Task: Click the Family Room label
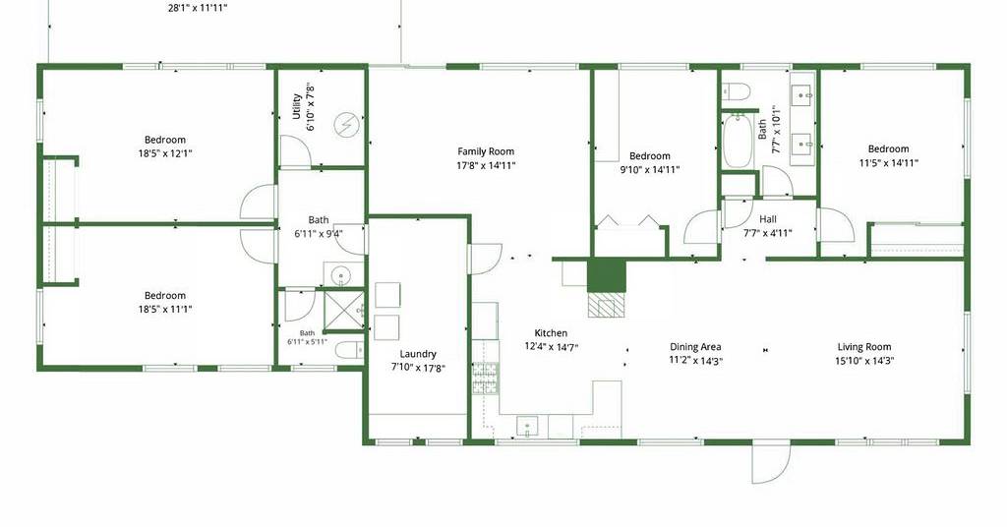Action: [486, 151]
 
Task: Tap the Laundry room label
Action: [418, 354]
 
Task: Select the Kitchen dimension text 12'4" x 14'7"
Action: [552, 347]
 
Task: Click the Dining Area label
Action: [695, 347]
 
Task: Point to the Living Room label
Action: [863, 347]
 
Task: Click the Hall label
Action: [767, 219]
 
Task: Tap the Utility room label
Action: [296, 106]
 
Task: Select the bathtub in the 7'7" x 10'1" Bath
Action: [738, 141]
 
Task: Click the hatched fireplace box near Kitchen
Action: [606, 304]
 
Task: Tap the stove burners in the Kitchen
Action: [486, 379]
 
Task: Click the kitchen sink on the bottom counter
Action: [527, 425]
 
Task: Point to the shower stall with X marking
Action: [343, 311]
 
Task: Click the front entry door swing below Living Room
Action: [771, 463]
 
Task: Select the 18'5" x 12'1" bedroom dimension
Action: [165, 153]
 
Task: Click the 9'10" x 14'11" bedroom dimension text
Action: [650, 169]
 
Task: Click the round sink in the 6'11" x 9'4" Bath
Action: [339, 276]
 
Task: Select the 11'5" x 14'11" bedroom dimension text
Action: [889, 163]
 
